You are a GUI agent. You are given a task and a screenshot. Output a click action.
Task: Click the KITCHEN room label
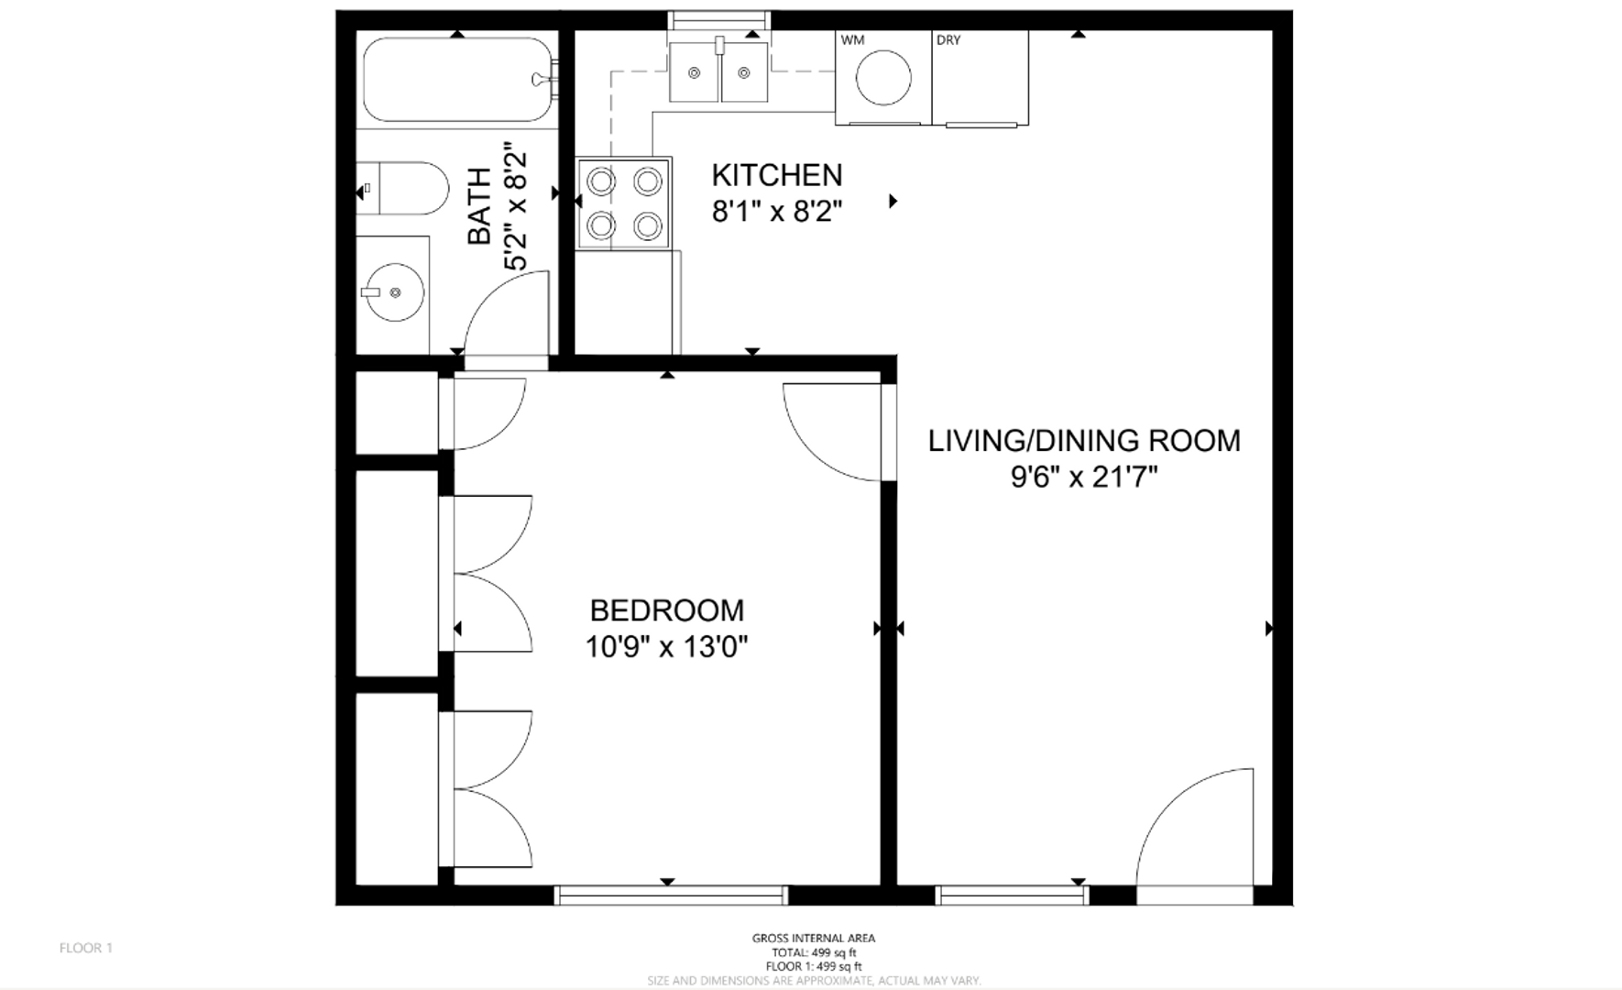[777, 174]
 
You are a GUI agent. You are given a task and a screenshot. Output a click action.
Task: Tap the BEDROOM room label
[667, 610]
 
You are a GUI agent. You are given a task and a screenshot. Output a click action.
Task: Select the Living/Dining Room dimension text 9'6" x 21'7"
[1084, 477]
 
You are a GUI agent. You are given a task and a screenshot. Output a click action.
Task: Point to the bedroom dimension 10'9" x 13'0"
[667, 647]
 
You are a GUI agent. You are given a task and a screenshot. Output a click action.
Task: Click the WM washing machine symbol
[883, 78]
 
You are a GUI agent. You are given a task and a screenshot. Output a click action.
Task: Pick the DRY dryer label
[948, 40]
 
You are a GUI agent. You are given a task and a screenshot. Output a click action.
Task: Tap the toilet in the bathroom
[402, 189]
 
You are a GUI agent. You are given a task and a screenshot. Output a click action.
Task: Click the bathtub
[458, 80]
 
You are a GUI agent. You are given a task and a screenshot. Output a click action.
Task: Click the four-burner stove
[624, 203]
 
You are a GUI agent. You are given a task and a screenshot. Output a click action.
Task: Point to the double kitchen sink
[718, 71]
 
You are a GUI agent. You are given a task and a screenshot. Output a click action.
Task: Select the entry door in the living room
[1195, 830]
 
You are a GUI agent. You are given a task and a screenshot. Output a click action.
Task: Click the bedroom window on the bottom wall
[671, 896]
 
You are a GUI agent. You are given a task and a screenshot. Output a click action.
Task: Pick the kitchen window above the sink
[719, 20]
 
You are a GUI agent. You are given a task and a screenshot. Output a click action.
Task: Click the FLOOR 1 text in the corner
[86, 948]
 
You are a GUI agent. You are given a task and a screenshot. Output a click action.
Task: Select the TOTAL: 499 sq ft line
[814, 952]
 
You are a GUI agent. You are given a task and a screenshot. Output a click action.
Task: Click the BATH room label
[479, 206]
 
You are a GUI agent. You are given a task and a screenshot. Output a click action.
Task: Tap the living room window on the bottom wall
[1013, 896]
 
